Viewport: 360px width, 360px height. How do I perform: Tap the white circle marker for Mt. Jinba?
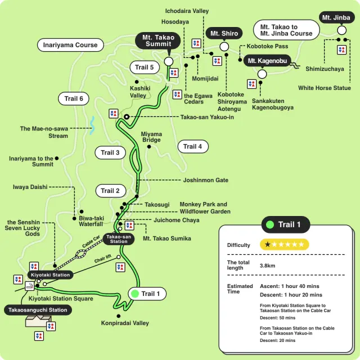click(x=341, y=30)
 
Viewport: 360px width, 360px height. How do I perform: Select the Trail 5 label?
click(x=145, y=67)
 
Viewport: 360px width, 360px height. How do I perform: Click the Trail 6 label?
click(x=74, y=99)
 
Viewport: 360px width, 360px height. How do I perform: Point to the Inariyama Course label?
click(x=70, y=45)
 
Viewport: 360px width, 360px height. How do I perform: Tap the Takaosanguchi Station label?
click(x=38, y=310)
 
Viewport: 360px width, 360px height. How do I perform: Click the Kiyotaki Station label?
click(x=50, y=275)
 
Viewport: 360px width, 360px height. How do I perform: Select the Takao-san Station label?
click(x=119, y=239)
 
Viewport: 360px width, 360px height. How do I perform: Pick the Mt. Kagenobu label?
click(x=268, y=61)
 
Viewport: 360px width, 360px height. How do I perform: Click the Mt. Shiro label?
click(x=224, y=34)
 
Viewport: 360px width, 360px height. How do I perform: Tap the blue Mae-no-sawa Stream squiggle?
click(x=92, y=125)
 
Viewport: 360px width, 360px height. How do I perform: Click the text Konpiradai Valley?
click(x=125, y=323)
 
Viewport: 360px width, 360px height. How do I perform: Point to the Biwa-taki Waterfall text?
click(x=91, y=220)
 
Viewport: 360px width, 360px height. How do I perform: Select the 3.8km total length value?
click(x=268, y=265)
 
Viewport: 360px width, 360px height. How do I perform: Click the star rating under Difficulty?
click(x=285, y=245)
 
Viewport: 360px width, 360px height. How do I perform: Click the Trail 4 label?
click(x=193, y=147)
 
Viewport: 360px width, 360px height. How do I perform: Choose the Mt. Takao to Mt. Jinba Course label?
click(x=286, y=30)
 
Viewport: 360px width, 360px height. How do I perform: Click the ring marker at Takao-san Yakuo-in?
click(x=127, y=116)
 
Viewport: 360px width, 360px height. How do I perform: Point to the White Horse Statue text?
click(x=325, y=88)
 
